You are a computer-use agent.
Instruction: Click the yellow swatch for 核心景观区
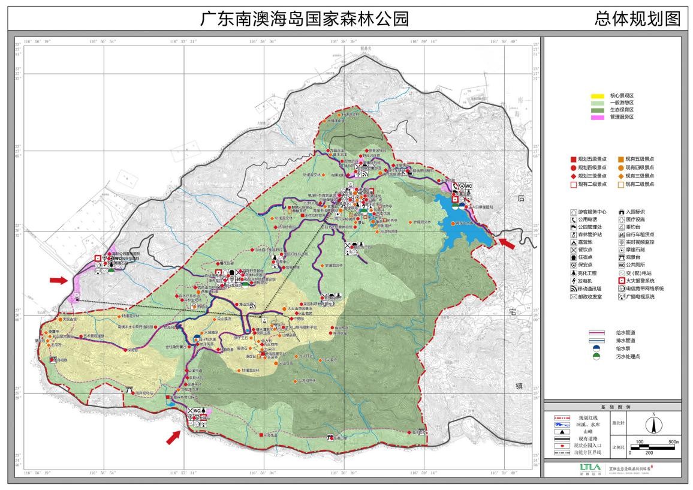[x=598, y=96]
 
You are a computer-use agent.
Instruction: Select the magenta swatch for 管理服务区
[x=598, y=117]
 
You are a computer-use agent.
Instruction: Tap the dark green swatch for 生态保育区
[x=598, y=110]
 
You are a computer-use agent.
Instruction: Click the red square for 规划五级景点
[x=573, y=159]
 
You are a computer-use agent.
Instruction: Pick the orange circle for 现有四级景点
[x=620, y=167]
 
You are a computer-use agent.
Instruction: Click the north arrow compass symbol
[x=653, y=425]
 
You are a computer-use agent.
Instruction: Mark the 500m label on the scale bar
[x=673, y=442]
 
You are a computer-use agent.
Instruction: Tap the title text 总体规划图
[x=637, y=19]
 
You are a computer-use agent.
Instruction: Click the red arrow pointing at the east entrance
[x=507, y=244]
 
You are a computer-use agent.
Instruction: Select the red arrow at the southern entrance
[x=173, y=437]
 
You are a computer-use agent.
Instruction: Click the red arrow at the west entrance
[x=59, y=279]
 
